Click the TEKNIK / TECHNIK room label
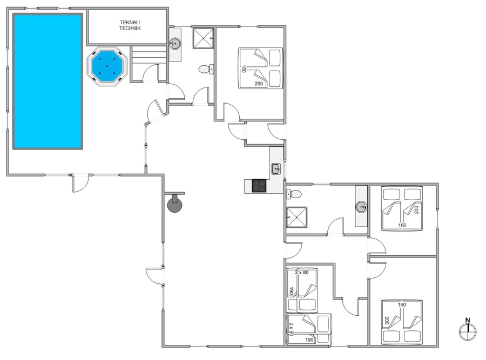[x=130, y=25]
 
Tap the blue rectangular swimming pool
[x=48, y=81]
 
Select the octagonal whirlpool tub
[x=107, y=66]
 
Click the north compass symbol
[x=468, y=329]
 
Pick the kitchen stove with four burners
[x=259, y=186]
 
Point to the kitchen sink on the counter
[x=276, y=169]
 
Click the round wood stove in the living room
[x=174, y=204]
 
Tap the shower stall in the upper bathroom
[x=204, y=38]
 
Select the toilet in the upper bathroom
[x=206, y=69]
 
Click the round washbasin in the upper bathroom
[x=175, y=43]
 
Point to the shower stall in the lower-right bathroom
[x=296, y=217]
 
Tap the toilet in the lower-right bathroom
[x=294, y=194]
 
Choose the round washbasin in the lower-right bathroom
[x=361, y=207]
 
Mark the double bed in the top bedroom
[x=261, y=68]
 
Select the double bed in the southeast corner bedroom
[x=402, y=322]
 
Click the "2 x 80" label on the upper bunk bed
[x=301, y=273]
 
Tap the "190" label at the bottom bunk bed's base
[x=309, y=340]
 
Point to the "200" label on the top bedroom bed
[x=259, y=84]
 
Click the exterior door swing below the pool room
[x=80, y=184]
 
